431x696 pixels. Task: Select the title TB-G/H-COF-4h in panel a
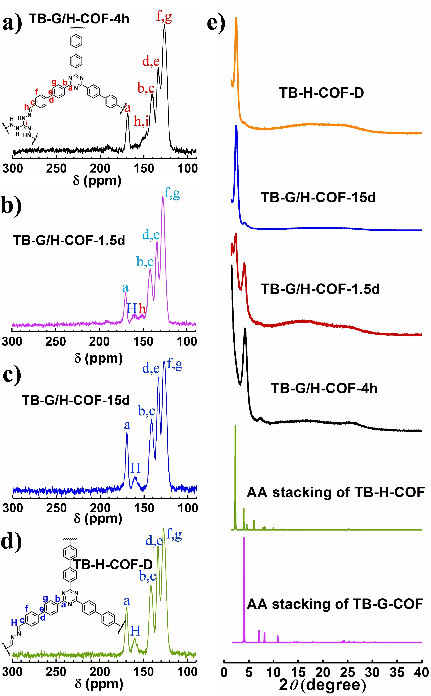(x=79, y=19)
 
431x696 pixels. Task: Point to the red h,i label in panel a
(x=141, y=122)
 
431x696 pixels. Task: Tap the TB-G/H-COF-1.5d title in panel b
(x=69, y=241)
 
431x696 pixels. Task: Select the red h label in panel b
(x=142, y=309)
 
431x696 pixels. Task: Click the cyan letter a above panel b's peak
(x=125, y=288)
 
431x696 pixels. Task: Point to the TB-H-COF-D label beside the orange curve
(x=322, y=93)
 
